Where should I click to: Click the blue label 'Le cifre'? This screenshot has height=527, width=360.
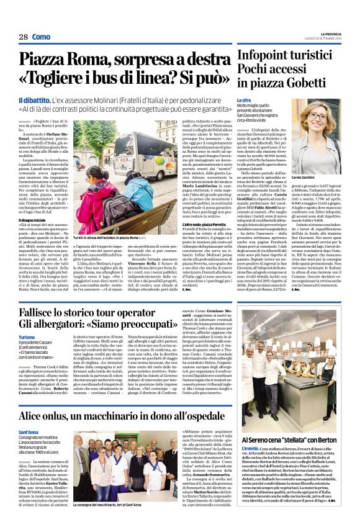point(243,99)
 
